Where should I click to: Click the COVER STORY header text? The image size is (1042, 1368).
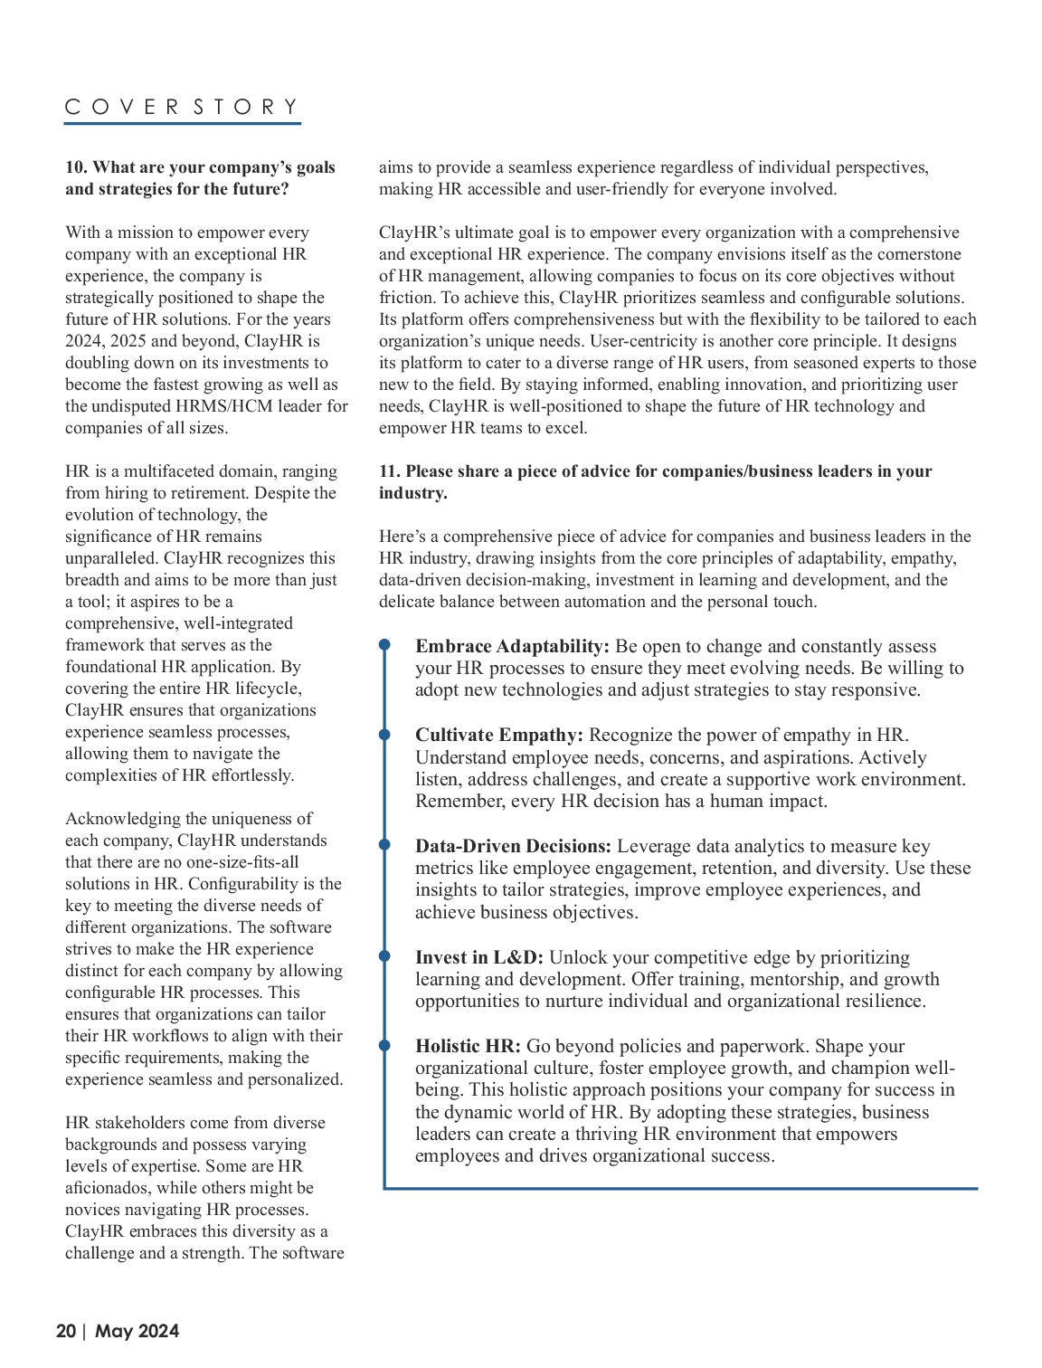click(182, 107)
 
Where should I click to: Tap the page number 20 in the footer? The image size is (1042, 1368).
click(66, 1331)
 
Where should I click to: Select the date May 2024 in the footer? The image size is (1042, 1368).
click(137, 1331)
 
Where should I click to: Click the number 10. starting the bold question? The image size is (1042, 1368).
click(76, 167)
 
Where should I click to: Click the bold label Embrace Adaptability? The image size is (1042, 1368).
click(512, 646)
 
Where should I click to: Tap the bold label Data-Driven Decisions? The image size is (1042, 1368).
click(513, 846)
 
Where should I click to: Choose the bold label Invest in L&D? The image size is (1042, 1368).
click(479, 957)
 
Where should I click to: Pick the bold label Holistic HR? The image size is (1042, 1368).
click(468, 1046)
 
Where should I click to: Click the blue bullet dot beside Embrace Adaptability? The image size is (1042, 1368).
click(384, 645)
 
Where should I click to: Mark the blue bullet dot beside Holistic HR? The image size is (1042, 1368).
click(384, 1045)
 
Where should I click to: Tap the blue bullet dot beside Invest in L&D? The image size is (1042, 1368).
click(384, 956)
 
